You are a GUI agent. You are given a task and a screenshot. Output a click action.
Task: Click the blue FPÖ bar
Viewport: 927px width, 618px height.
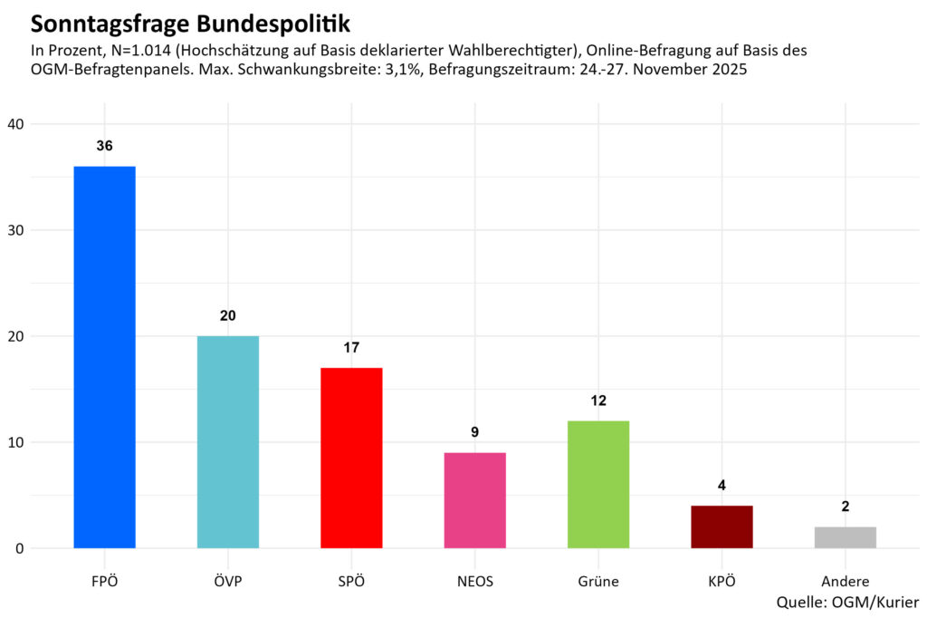tap(104, 357)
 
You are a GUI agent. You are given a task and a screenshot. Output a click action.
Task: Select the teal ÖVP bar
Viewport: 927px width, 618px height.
tap(228, 442)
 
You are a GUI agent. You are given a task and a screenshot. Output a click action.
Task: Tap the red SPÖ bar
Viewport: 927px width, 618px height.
tap(351, 458)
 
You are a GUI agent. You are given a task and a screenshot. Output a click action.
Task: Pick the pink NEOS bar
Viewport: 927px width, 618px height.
tap(474, 500)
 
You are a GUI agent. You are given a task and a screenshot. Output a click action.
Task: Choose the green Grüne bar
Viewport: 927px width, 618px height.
tap(598, 484)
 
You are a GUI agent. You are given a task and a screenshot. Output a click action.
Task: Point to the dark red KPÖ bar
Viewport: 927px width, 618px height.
tap(722, 526)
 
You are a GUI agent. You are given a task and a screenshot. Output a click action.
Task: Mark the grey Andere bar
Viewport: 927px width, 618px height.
tap(845, 537)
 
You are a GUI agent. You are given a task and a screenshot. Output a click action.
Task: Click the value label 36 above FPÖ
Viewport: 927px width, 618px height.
tap(104, 146)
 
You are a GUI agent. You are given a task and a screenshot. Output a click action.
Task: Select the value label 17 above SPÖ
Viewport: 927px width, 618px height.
tap(351, 348)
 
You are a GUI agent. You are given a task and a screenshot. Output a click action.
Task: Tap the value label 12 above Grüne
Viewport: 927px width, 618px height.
tap(598, 401)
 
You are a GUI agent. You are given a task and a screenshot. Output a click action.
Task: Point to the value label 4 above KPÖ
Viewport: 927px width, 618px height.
tap(722, 486)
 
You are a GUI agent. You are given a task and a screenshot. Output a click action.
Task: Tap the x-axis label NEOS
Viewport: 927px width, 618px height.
tap(474, 582)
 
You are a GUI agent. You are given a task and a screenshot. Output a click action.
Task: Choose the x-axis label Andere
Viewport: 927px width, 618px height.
tap(845, 582)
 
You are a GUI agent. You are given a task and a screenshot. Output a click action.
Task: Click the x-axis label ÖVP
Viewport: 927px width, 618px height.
tap(228, 582)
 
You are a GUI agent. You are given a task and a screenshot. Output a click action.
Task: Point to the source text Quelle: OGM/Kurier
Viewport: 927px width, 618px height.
tap(847, 602)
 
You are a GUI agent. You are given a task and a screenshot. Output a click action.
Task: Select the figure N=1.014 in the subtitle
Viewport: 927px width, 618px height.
tap(153, 52)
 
